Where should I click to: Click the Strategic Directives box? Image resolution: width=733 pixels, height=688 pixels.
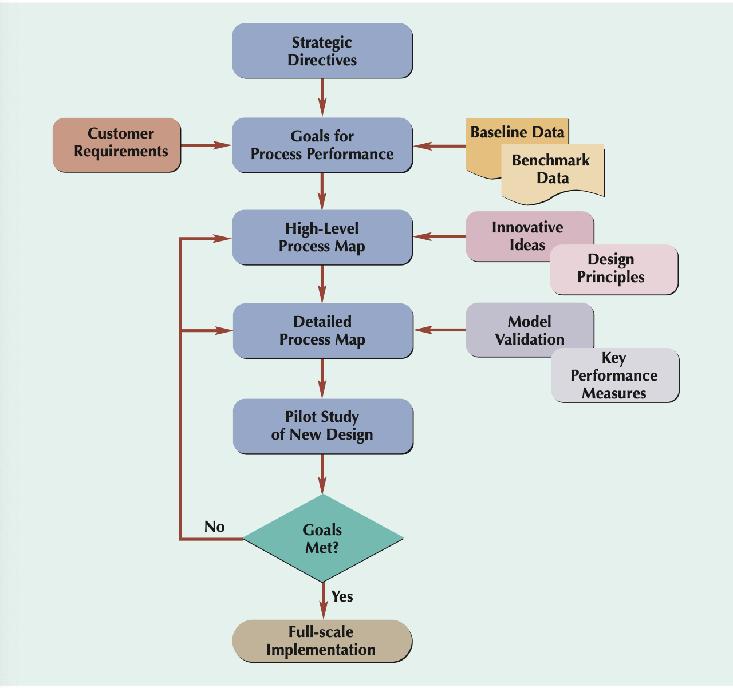322,51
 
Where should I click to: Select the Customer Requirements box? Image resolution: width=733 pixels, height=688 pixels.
117,145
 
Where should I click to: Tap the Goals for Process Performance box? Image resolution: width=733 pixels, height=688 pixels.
322,145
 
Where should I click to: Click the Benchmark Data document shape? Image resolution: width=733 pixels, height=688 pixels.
553,172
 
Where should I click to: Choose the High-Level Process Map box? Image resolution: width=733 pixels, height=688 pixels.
322,238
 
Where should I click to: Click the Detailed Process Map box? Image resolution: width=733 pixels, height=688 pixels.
322,331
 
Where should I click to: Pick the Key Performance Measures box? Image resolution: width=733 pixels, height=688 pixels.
615,376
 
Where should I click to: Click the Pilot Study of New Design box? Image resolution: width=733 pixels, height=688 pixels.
322,426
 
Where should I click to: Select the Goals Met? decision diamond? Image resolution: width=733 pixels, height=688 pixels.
323,539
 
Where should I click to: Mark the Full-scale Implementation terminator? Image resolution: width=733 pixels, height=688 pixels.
322,641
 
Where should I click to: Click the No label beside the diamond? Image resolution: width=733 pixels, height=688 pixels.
215,527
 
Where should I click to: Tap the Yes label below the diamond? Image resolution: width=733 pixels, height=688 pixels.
342,596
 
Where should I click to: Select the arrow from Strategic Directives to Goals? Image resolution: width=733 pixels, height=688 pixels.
322,97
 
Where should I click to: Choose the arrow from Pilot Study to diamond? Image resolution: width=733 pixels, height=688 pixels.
322,474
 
